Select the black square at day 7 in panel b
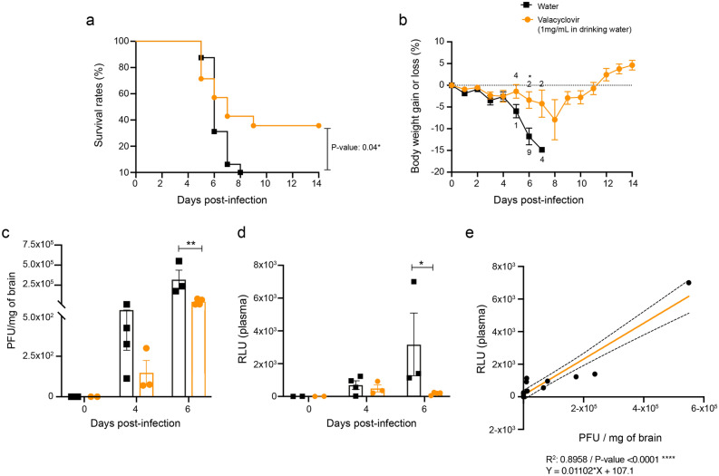tap(541, 150)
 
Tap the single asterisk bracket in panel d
tap(423, 267)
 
